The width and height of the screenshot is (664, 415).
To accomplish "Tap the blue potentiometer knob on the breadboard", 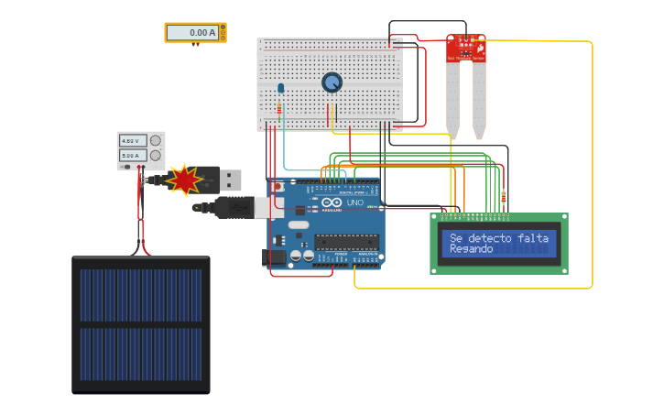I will [332, 82].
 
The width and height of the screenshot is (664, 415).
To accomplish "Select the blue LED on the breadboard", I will [280, 89].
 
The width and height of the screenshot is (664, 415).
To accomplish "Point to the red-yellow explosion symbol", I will [184, 180].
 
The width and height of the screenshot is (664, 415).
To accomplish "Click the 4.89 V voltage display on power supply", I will [132, 141].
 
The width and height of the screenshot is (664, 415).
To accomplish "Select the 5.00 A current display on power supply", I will [132, 156].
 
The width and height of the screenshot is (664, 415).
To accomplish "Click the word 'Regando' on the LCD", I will [472, 249].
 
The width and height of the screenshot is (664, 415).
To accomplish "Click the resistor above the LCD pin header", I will [504, 196].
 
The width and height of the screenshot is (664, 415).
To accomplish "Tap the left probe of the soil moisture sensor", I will [453, 101].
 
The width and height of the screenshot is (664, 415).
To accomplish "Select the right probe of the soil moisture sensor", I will [479, 101].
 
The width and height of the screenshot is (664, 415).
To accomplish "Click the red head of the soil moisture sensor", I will [466, 49].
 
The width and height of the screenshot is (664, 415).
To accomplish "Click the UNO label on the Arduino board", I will [354, 202].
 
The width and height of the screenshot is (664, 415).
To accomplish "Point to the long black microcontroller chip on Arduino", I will [346, 242].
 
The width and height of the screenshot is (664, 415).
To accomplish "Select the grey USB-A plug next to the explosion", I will [229, 180].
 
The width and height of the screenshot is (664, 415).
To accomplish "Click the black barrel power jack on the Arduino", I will [274, 258].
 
